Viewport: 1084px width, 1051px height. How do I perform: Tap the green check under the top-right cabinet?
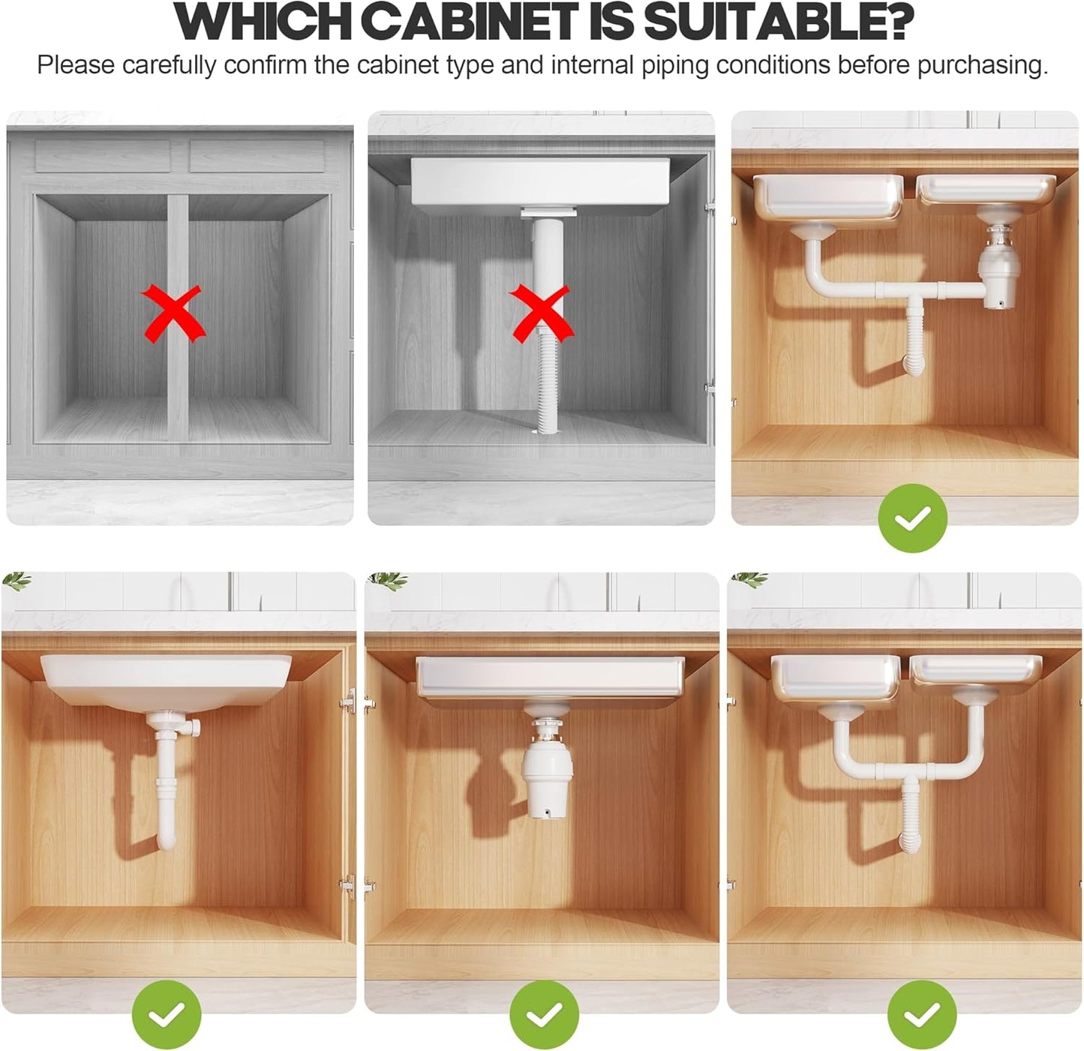pos(912,518)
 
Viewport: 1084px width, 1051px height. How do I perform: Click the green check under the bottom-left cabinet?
pos(167,1015)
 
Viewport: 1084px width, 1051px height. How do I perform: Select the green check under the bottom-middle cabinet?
pos(544,1015)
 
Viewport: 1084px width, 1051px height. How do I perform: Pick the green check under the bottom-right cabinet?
pos(922,1015)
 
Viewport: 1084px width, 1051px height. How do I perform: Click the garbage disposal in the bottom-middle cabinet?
pos(547,776)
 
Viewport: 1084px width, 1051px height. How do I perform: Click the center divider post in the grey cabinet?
pos(178,360)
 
